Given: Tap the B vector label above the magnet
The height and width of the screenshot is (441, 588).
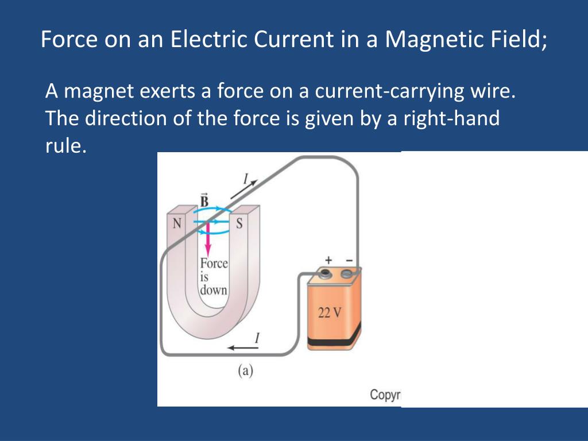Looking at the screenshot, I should coord(204,200).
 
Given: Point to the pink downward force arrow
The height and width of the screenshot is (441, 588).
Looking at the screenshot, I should coord(208,241).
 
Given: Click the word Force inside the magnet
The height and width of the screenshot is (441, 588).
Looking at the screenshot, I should coord(214,264).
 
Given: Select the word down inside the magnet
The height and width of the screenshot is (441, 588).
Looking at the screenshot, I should coord(214,290).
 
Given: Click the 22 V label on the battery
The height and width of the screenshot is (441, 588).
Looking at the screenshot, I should coord(329,313).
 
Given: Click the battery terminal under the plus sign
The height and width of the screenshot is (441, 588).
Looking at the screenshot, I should coord(326,273).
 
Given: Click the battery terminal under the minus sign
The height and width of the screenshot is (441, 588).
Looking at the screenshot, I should coord(346,274).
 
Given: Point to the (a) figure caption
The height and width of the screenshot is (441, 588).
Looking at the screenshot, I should coord(245,371).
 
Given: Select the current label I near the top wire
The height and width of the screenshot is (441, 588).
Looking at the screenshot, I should coord(245,180).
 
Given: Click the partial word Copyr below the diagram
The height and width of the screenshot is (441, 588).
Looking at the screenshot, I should coord(385,395).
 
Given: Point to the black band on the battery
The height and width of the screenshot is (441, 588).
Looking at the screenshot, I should coord(335,341).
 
